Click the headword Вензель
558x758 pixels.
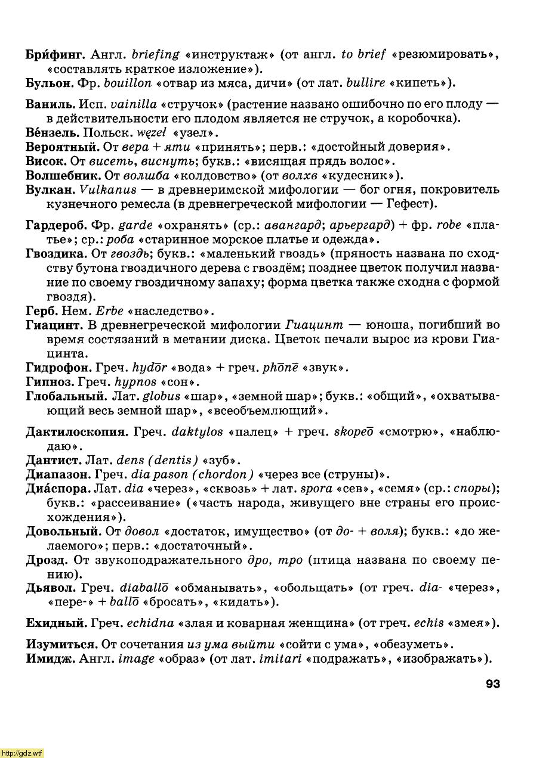(53, 132)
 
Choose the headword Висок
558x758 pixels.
(45, 161)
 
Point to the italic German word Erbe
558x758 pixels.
(108, 311)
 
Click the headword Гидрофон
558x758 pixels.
(58, 368)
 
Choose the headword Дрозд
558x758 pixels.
(47, 560)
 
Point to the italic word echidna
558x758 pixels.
(149, 623)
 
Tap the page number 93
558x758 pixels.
(492, 684)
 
